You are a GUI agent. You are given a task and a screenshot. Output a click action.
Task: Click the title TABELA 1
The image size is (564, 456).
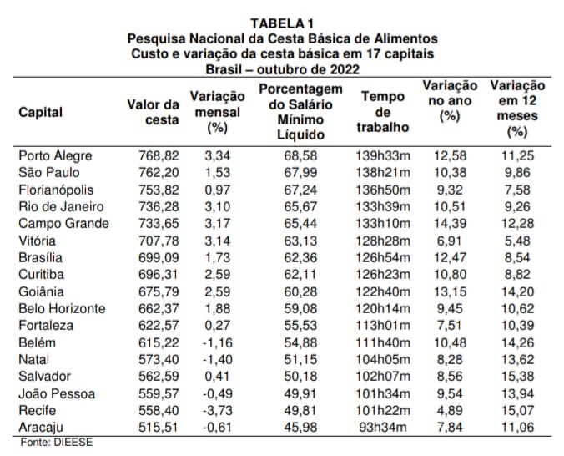click(x=281, y=23)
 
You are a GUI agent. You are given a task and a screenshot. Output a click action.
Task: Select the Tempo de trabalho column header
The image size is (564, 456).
click(x=383, y=112)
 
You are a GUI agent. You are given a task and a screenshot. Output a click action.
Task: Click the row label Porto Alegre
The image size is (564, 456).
click(x=55, y=155)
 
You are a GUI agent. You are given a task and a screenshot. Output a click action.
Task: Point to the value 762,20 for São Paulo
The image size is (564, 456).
click(x=159, y=171)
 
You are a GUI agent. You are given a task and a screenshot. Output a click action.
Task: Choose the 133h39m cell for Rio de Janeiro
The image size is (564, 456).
click(x=383, y=205)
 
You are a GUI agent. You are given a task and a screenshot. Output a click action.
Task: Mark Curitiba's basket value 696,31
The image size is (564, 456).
click(x=159, y=274)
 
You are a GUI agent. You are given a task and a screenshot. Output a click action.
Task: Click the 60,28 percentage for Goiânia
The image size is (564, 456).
click(x=300, y=291)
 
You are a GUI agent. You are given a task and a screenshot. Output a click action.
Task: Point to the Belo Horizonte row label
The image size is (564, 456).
click(x=62, y=308)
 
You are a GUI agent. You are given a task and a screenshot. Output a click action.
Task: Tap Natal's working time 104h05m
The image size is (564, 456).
click(x=383, y=359)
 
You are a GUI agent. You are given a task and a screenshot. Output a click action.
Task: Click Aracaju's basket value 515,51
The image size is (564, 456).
click(x=159, y=428)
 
